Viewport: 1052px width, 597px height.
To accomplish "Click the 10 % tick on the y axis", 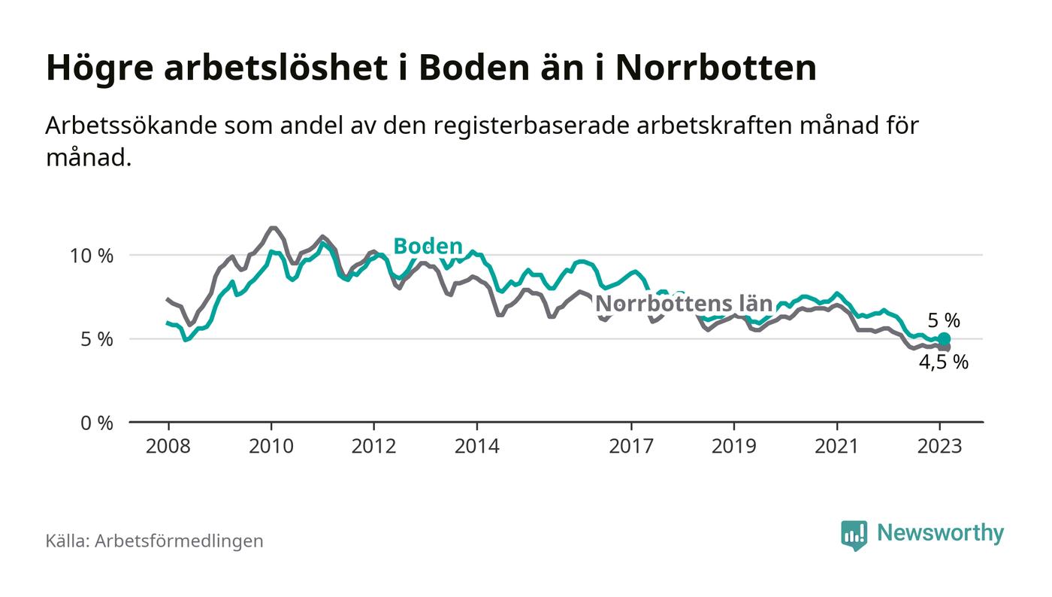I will [91, 256].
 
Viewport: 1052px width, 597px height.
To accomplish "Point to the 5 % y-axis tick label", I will [95, 339].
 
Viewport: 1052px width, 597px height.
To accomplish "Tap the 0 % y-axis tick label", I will [95, 423].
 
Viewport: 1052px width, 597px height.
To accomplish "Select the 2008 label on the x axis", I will [168, 447].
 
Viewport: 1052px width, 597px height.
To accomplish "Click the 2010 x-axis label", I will [271, 447].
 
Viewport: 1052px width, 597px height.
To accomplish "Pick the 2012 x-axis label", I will [373, 447].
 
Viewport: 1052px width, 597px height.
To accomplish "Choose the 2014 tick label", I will [476, 447].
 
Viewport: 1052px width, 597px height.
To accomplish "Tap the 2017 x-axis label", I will [631, 447].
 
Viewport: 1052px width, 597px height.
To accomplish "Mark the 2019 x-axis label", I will [734, 447].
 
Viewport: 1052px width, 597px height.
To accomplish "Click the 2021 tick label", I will [837, 447].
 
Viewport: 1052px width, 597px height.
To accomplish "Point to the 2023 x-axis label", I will [940, 447].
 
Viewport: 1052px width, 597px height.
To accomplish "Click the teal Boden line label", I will [428, 246].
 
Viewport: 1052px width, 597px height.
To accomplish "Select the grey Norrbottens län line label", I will [684, 304].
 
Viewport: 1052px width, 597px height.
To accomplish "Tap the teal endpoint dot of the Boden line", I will [944, 339].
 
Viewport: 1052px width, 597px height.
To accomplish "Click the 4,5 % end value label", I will [944, 362].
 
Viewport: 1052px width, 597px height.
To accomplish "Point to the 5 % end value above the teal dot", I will [944, 320].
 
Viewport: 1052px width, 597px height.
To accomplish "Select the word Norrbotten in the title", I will [715, 68].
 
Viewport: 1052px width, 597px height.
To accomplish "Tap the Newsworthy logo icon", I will [854, 535].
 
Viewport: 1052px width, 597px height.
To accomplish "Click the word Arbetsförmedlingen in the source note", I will [179, 541].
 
